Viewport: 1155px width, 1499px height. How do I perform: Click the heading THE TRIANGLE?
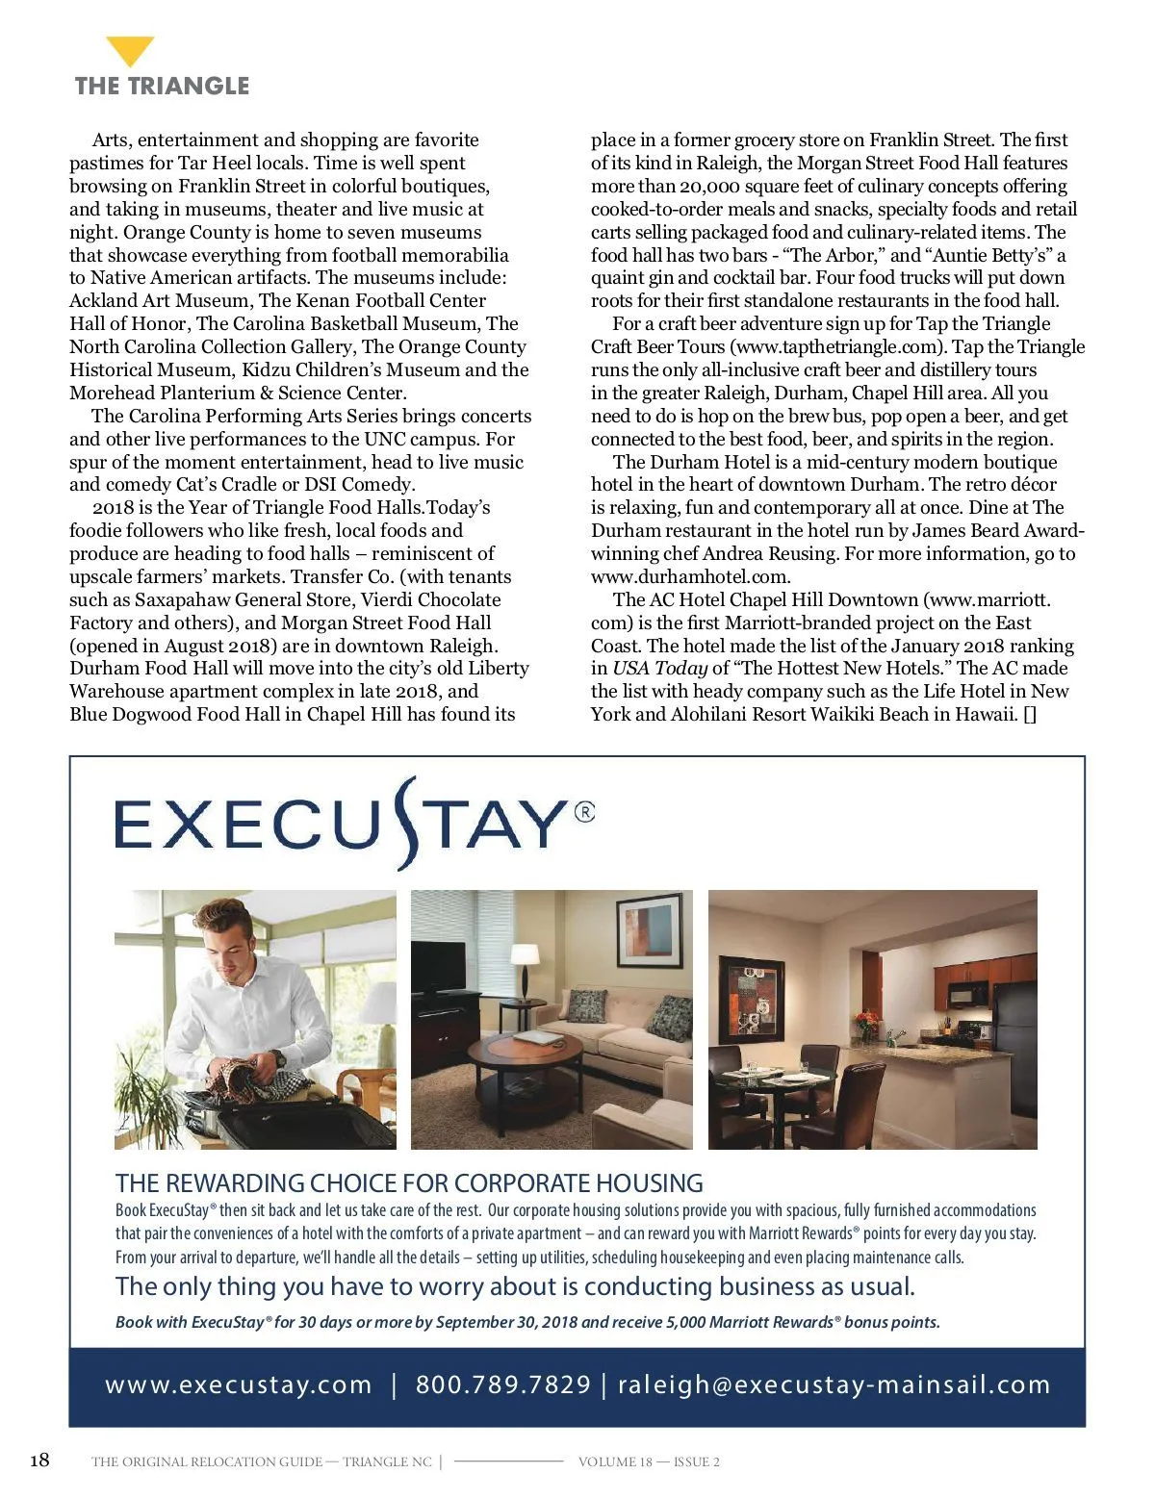(162, 86)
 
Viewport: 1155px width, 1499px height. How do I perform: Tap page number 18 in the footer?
(39, 1460)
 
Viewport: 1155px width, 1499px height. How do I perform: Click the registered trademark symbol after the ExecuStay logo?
(584, 812)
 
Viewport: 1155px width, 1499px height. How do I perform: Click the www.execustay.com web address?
(238, 1385)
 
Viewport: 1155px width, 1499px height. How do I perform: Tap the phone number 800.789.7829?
(502, 1385)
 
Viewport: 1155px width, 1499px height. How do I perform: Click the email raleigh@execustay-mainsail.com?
(834, 1385)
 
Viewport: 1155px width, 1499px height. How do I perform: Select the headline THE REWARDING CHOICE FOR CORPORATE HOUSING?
(409, 1182)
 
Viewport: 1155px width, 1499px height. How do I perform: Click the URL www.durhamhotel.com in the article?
(690, 576)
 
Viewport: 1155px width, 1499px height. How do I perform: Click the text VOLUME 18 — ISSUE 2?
(649, 1461)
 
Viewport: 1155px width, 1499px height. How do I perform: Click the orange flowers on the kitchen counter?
(868, 1019)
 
